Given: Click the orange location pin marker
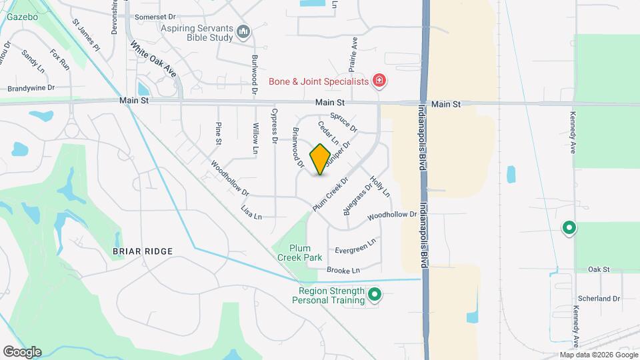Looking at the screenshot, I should click(x=320, y=159).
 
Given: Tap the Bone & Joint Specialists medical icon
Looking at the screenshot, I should click(x=380, y=81).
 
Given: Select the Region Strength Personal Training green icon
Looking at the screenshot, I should click(x=375, y=294).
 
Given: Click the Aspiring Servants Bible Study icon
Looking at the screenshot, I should click(x=243, y=31).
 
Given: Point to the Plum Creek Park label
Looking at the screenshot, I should click(x=297, y=253).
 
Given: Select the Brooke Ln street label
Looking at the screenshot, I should click(x=343, y=270).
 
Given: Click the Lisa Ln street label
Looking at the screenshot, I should click(x=251, y=212).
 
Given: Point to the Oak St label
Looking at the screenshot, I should click(x=599, y=269).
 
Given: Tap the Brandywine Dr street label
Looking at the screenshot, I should click(x=31, y=88).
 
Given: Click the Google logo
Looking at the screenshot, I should click(x=22, y=351).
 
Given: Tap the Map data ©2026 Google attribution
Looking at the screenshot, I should click(x=598, y=355).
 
